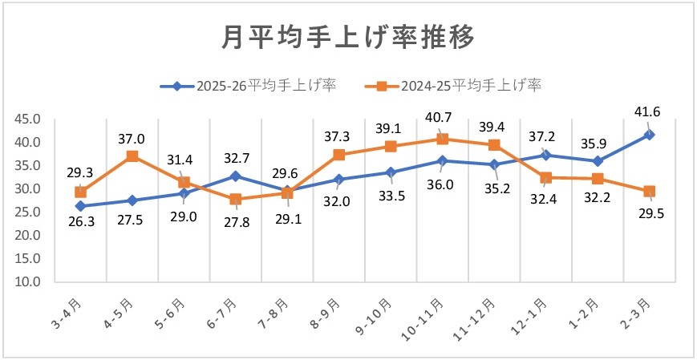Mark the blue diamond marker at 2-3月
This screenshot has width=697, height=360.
649,135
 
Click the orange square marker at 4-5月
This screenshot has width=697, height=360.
132,156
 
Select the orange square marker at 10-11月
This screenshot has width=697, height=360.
442,139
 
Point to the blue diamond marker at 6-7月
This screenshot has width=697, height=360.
235,176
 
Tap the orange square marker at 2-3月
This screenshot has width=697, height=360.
649,191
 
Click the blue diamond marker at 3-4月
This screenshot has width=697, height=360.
80,206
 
